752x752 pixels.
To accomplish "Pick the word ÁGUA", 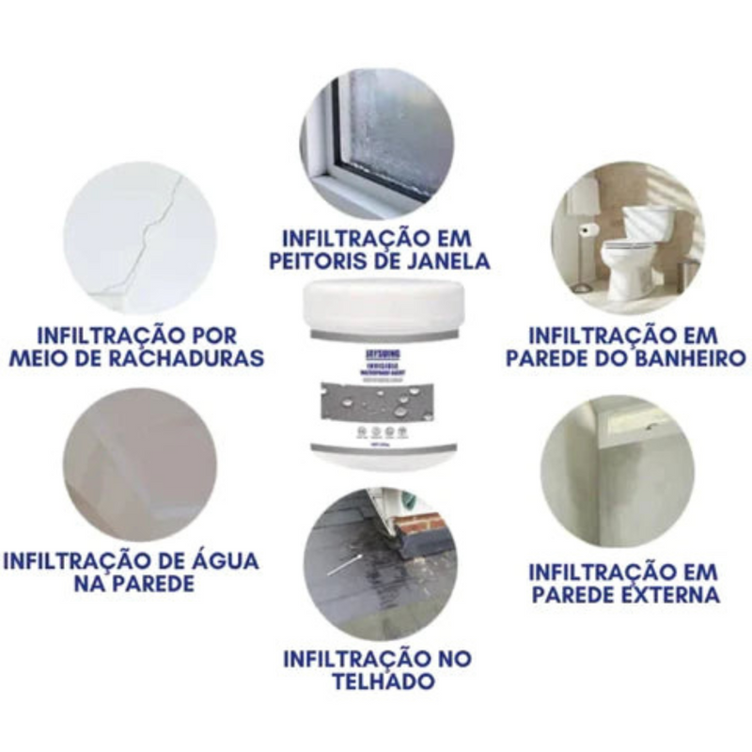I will (217, 561).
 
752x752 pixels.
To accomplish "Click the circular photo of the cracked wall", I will (141, 238).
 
